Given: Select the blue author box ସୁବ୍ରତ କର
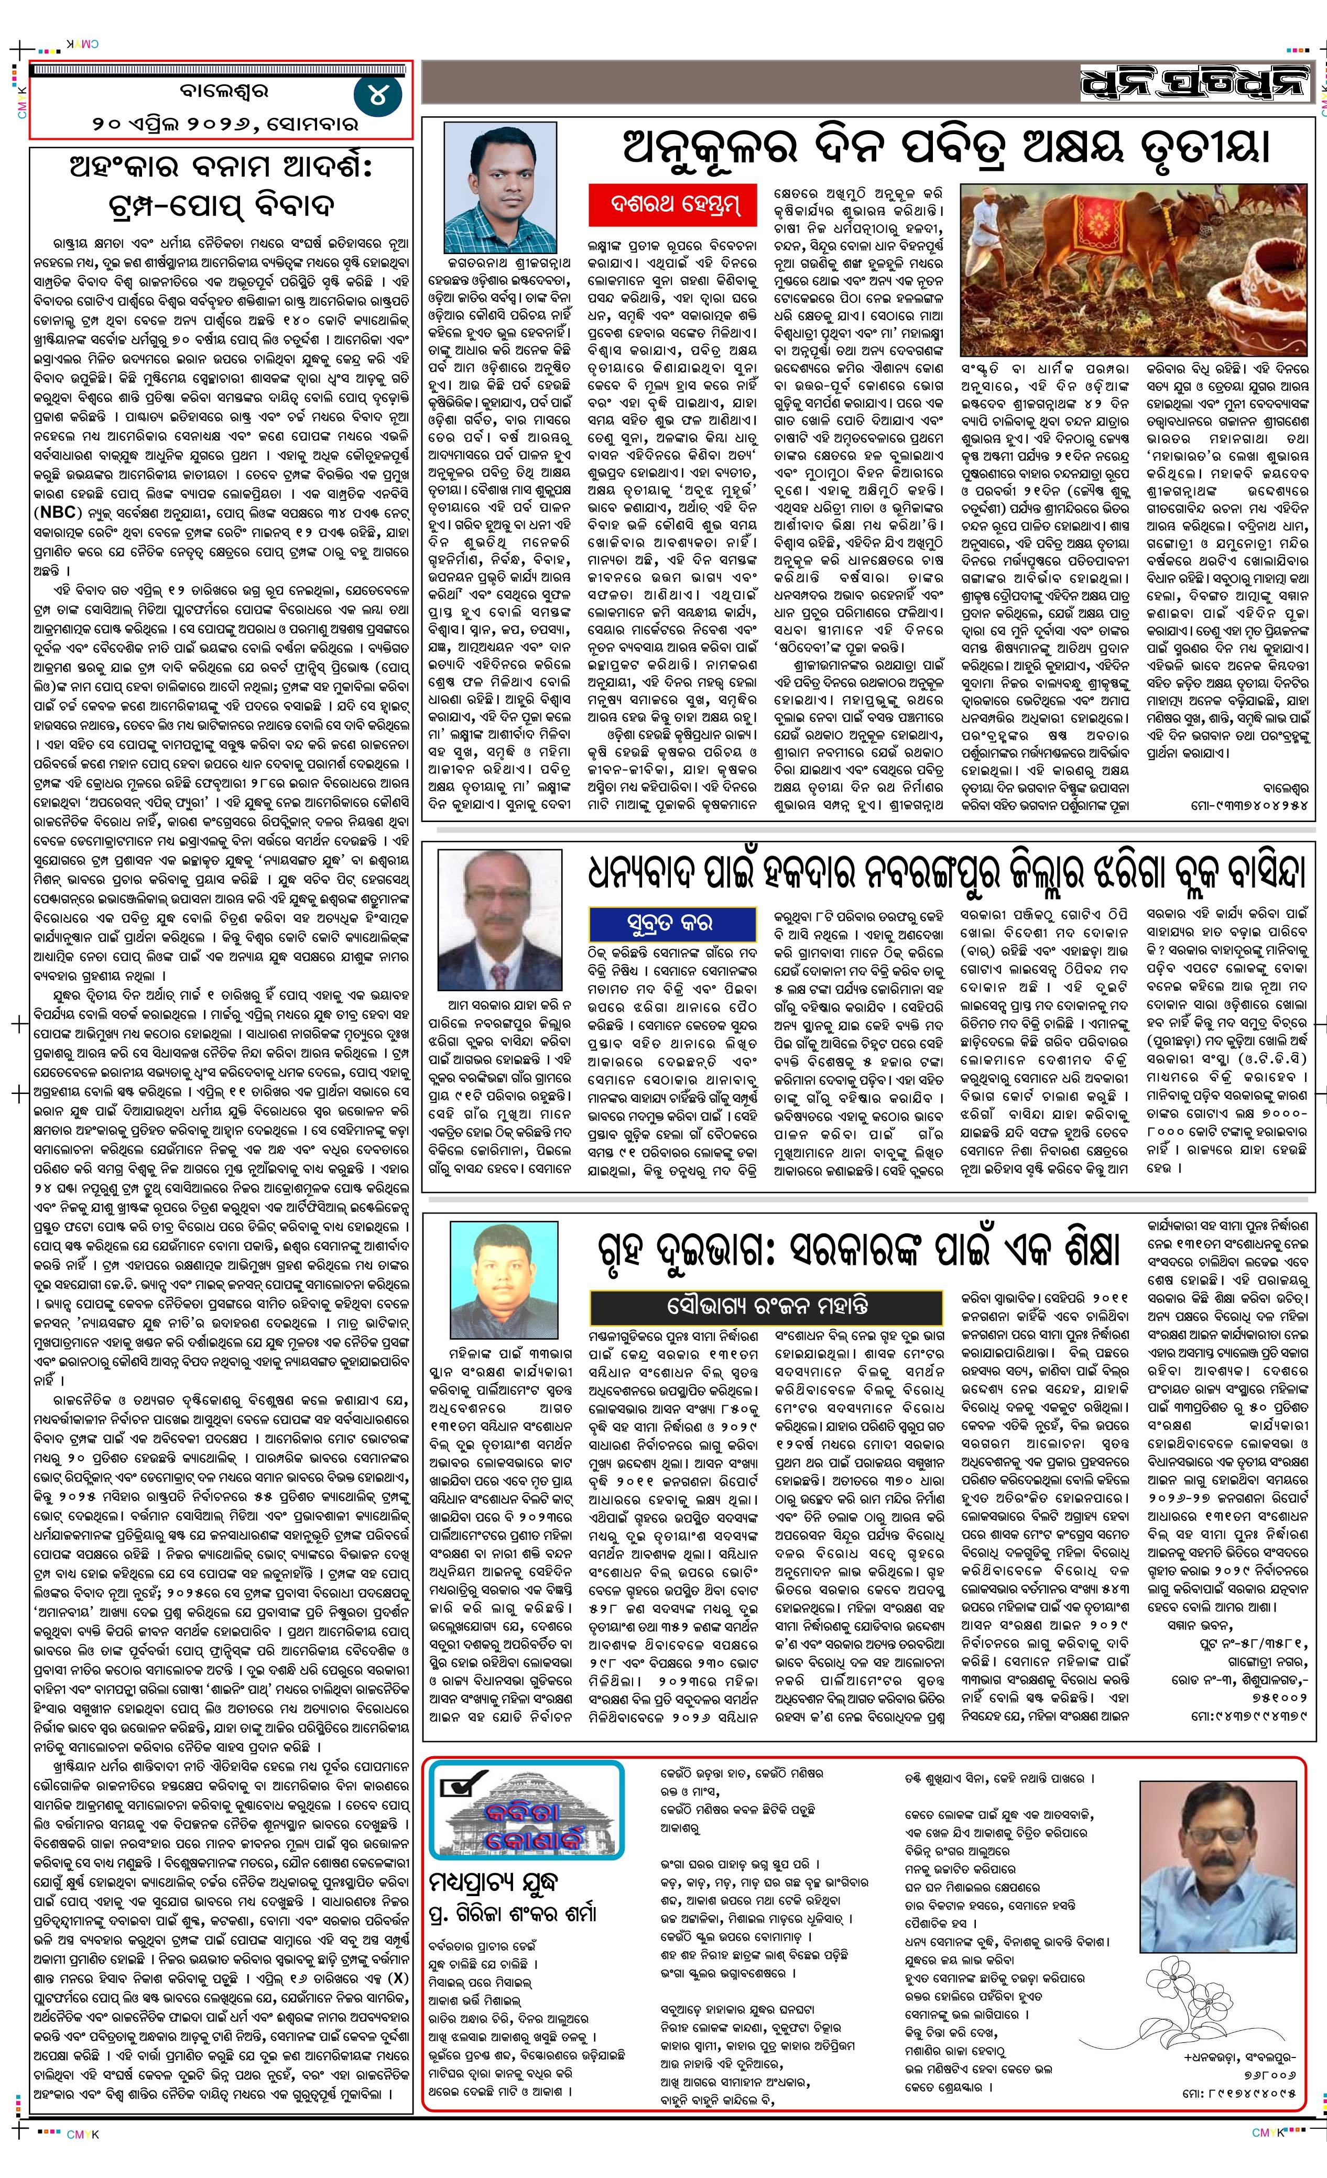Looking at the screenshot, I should [x=673, y=923].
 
